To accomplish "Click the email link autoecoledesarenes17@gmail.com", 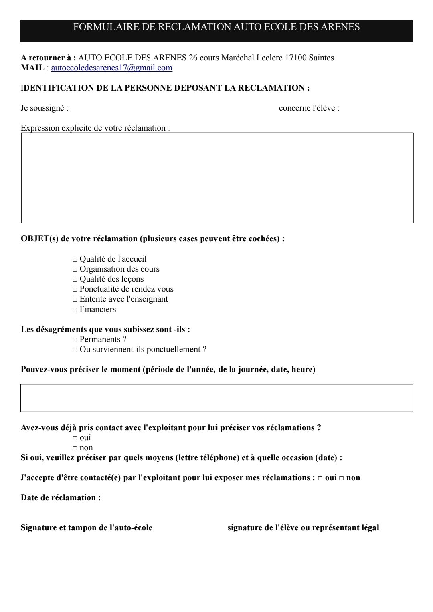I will pos(111,68).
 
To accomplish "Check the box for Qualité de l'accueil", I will pos(75,260).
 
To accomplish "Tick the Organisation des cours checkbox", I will pos(75,270).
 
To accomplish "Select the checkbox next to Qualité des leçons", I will pos(75,280).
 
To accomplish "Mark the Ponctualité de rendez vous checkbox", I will pos(75,290).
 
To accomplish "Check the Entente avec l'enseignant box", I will pos(75,300).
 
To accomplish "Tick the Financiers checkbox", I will pos(75,310).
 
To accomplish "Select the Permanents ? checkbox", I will pos(75,340).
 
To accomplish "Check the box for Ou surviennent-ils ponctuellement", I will pos(75,350).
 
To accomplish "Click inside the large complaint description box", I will pos(217,178).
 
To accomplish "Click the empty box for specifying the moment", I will pos(216,398).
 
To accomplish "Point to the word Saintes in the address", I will pos(321,58).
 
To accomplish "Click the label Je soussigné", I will pos(44,108).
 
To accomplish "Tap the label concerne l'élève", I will pos(309,108).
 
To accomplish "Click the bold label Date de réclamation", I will pos(61,498).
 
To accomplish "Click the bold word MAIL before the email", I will pos(32,68).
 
